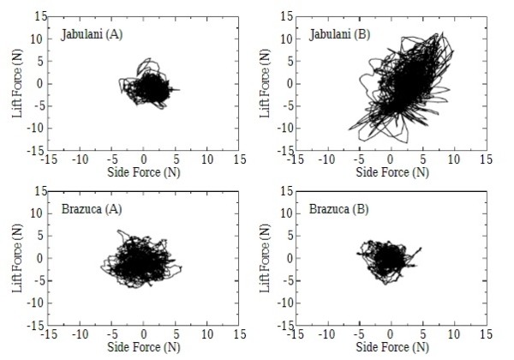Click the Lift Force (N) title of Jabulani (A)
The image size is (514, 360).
pyautogui.click(x=17, y=84)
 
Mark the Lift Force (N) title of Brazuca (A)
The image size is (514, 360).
pyautogui.click(x=17, y=259)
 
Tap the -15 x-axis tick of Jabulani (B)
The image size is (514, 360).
pyautogui.click(x=294, y=159)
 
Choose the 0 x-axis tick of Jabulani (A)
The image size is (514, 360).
pyautogui.click(x=144, y=159)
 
